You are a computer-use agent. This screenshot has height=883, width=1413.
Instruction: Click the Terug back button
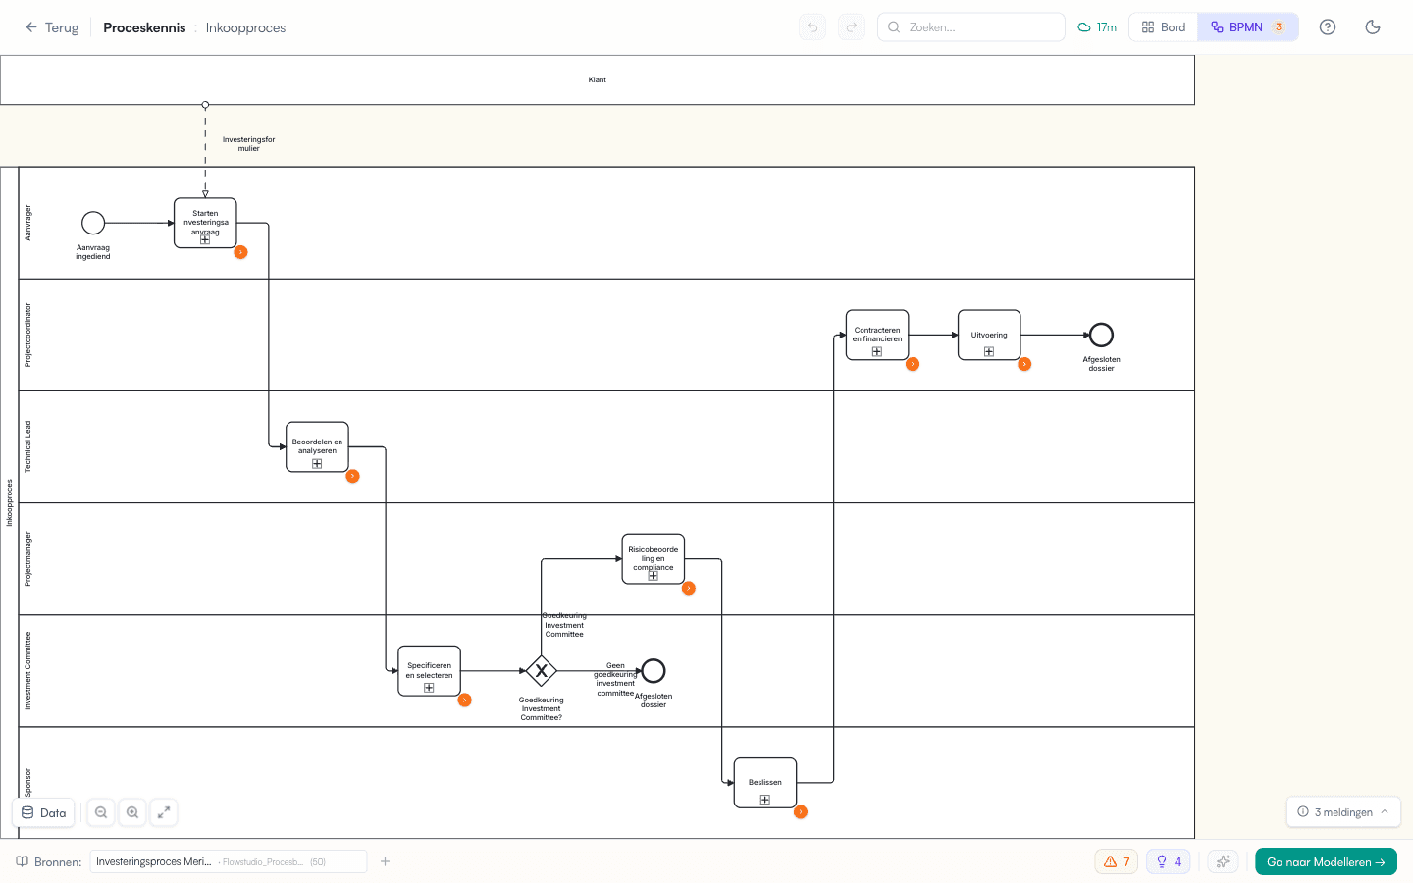pos(52,27)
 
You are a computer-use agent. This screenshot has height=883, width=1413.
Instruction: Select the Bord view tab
pos(1164,27)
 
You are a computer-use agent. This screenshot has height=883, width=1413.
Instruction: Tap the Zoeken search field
pos(971,27)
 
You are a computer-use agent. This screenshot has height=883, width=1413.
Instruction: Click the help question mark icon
pos(1328,27)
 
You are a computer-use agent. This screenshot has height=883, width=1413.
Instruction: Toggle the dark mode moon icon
pos(1373,27)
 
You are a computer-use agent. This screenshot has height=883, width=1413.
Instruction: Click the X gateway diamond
pos(541,671)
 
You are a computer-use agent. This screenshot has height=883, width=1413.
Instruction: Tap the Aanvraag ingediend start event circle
pos(93,223)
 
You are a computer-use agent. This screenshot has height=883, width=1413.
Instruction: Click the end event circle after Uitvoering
pos(1101,335)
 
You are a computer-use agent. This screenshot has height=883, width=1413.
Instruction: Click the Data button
pos(44,812)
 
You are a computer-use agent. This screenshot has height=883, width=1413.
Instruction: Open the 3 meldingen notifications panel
pos(1342,812)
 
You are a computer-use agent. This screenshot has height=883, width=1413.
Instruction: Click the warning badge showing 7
pos(1117,861)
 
